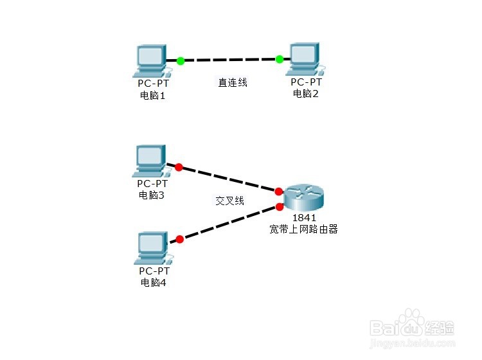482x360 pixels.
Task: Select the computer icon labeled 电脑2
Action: click(305, 59)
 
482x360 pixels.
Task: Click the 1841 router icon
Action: click(304, 198)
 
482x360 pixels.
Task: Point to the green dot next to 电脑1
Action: click(181, 61)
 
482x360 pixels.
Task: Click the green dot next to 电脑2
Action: click(280, 59)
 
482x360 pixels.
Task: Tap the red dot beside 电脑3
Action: click(179, 167)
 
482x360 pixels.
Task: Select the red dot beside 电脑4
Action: click(180, 239)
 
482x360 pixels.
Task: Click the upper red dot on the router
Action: click(279, 192)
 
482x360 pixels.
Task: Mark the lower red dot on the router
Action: click(280, 207)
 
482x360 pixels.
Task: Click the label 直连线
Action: click(233, 82)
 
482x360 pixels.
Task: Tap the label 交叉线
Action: click(229, 201)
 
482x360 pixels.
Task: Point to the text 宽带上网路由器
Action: click(304, 229)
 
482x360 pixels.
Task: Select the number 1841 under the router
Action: click(304, 218)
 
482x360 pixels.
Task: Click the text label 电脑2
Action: click(305, 93)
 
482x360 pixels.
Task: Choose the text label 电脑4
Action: click(154, 282)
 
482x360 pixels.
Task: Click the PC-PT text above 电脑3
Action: click(152, 183)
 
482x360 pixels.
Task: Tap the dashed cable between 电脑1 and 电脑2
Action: click(230, 60)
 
